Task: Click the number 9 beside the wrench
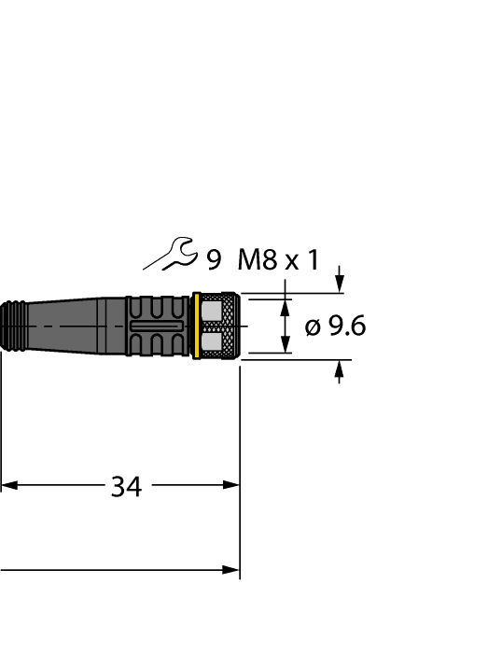pos(214,259)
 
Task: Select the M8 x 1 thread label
pos(278,259)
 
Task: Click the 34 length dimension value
pos(126,486)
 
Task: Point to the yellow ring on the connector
pos(197,326)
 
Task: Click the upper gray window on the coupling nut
pos(220,310)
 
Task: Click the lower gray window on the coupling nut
pos(220,343)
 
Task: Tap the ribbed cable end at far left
pos(14,326)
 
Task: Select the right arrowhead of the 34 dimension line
pos(231,485)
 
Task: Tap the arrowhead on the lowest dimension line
pos(231,569)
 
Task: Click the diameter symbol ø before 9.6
pos(314,326)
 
